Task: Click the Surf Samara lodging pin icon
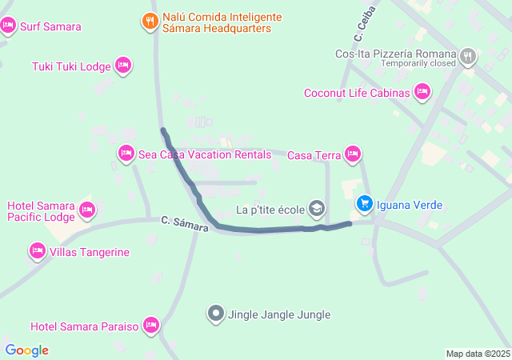click(9, 26)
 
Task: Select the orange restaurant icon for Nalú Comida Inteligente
click(150, 22)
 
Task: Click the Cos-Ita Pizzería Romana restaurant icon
click(468, 55)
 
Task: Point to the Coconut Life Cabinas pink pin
click(422, 94)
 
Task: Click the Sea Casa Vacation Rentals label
click(205, 154)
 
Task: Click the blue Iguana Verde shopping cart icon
click(365, 205)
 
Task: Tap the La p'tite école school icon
click(317, 210)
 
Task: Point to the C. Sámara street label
click(184, 224)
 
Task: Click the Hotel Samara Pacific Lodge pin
click(87, 211)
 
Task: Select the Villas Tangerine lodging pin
click(37, 252)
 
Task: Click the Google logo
click(26, 350)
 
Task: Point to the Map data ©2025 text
click(478, 354)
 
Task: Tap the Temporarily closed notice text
click(418, 63)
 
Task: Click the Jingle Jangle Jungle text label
click(279, 314)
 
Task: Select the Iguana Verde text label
click(410, 205)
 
